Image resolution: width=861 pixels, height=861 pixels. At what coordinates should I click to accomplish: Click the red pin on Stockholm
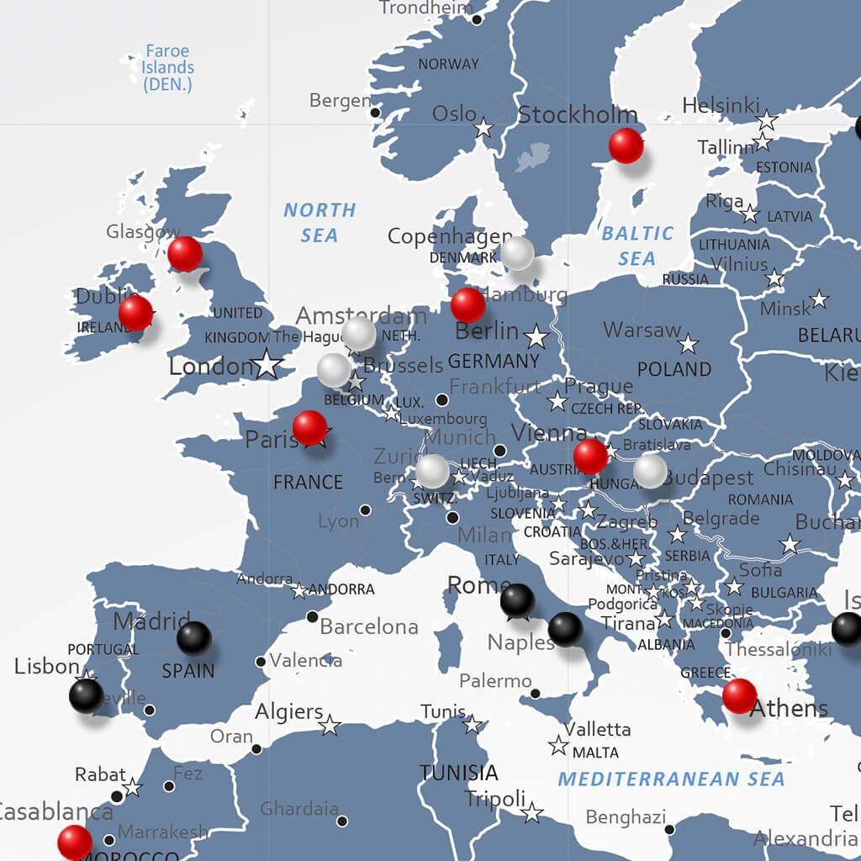(626, 145)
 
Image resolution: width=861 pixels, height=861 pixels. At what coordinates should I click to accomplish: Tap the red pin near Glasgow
(185, 253)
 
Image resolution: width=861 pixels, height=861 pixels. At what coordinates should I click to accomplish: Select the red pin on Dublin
(135, 313)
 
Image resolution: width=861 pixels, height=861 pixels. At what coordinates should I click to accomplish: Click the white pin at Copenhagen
(517, 252)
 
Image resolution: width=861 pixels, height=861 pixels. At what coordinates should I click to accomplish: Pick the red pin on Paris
(309, 427)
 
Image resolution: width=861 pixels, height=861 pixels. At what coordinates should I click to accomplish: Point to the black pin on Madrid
(194, 637)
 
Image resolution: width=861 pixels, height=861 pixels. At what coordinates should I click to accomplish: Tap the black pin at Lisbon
(86, 695)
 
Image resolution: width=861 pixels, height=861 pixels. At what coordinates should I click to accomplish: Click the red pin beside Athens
(739, 695)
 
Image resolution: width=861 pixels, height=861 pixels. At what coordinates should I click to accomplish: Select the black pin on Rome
(517, 600)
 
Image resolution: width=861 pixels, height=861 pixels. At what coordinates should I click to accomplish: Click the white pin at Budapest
(650, 471)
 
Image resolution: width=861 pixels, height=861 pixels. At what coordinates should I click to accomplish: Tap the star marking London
(267, 364)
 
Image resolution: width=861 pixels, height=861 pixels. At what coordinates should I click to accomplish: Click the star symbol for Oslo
(483, 129)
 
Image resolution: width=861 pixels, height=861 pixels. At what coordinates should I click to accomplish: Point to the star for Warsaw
(689, 343)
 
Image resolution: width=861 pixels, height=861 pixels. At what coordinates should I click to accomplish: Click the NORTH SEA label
(320, 223)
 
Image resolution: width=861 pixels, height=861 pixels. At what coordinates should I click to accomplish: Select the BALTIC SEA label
(637, 246)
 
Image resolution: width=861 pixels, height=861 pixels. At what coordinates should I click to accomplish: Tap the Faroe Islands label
(167, 67)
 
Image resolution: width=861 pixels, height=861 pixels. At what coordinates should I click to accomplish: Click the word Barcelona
(369, 626)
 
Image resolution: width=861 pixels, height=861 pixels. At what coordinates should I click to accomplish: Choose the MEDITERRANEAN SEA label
(671, 779)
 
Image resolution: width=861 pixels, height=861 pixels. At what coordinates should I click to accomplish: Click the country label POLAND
(674, 369)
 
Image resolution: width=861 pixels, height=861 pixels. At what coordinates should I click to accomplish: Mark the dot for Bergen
(375, 112)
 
